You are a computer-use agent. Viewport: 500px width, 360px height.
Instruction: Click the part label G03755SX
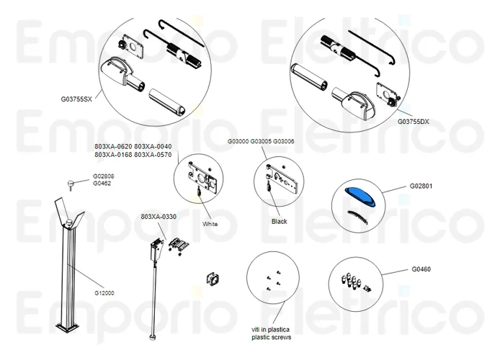[x=77, y=99]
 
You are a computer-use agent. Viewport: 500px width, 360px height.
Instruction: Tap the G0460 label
[x=421, y=269]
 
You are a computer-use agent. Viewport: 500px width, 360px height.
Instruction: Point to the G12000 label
[x=104, y=293]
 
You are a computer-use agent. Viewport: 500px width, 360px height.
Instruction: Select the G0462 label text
[x=101, y=184]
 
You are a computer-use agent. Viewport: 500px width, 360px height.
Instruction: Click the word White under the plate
[x=210, y=224]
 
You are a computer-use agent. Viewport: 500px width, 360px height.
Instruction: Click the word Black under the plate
[x=279, y=222]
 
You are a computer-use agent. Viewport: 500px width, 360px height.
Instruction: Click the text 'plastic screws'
[x=272, y=336]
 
